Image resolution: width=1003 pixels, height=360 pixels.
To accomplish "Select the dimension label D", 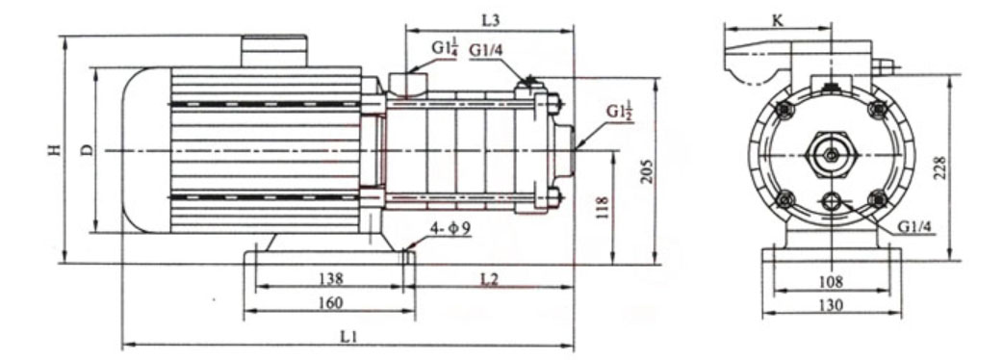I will coord(87,149).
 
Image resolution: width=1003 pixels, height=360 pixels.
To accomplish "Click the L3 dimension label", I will coord(490,19).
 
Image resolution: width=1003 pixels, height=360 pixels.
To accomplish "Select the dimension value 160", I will coord(330,302).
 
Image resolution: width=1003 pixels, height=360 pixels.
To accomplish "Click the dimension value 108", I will coord(830,282).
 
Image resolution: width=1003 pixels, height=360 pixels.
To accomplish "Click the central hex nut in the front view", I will coord(830,152).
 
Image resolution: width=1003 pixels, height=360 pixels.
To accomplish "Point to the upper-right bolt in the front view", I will coord(876,110).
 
